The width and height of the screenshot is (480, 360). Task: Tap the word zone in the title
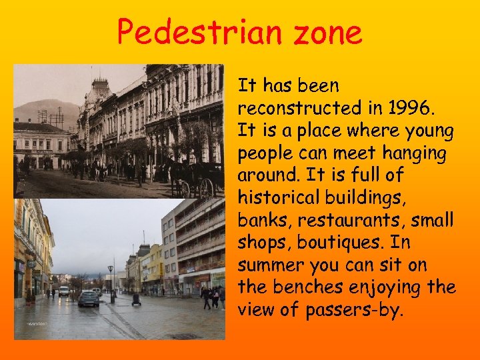(x=326, y=31)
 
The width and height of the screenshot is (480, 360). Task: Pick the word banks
(x=262, y=220)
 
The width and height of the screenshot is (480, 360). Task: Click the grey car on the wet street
(x=89, y=298)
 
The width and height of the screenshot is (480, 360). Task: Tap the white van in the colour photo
(x=64, y=291)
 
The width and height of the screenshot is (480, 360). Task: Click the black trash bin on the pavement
(x=136, y=299)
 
